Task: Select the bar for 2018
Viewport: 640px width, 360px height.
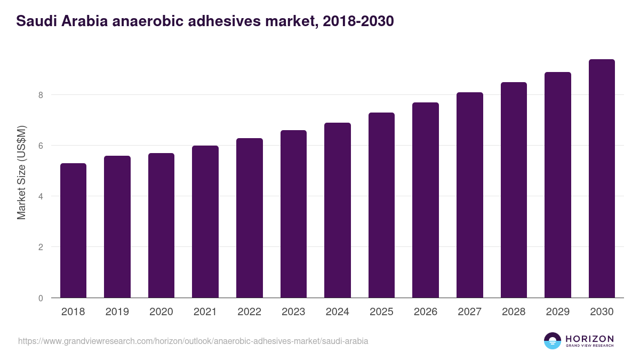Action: pyautogui.click(x=73, y=230)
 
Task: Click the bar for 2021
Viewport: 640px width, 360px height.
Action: pyautogui.click(x=205, y=221)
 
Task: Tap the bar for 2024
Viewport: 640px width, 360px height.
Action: pyautogui.click(x=338, y=210)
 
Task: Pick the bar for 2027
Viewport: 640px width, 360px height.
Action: pyautogui.click(x=470, y=195)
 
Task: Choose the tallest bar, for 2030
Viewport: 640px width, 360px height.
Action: pyautogui.click(x=602, y=178)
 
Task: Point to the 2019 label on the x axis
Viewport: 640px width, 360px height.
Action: pyautogui.click(x=117, y=312)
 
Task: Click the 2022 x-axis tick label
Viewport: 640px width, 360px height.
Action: pyautogui.click(x=249, y=312)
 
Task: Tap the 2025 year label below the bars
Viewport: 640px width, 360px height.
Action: pyautogui.click(x=381, y=312)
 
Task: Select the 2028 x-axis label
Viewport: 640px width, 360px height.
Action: pyautogui.click(x=514, y=312)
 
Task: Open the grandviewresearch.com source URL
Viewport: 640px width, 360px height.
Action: pyautogui.click(x=193, y=341)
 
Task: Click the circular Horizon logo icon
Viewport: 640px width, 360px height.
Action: pyautogui.click(x=553, y=341)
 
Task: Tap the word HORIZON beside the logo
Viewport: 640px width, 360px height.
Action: pyautogui.click(x=590, y=339)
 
